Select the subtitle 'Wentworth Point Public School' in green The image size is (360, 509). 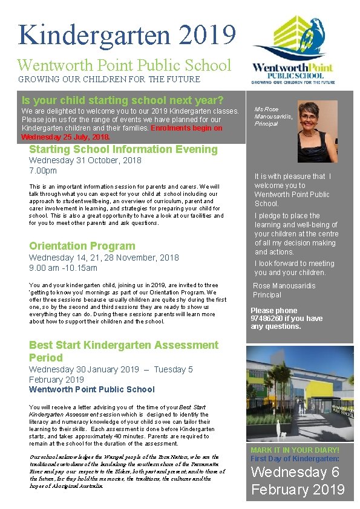(x=124, y=65)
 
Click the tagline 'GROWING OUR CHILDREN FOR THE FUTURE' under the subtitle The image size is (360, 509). (x=109, y=79)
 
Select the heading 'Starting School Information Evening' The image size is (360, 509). (x=123, y=149)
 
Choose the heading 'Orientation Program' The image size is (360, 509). (x=82, y=246)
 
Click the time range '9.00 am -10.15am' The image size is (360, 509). (x=63, y=268)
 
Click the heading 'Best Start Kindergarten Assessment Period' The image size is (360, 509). (x=123, y=351)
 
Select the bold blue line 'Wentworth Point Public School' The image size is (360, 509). (x=91, y=389)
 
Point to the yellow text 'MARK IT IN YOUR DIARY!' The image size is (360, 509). (x=295, y=450)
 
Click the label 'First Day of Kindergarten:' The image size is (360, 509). (x=294, y=459)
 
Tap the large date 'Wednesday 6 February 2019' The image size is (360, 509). (x=298, y=481)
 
